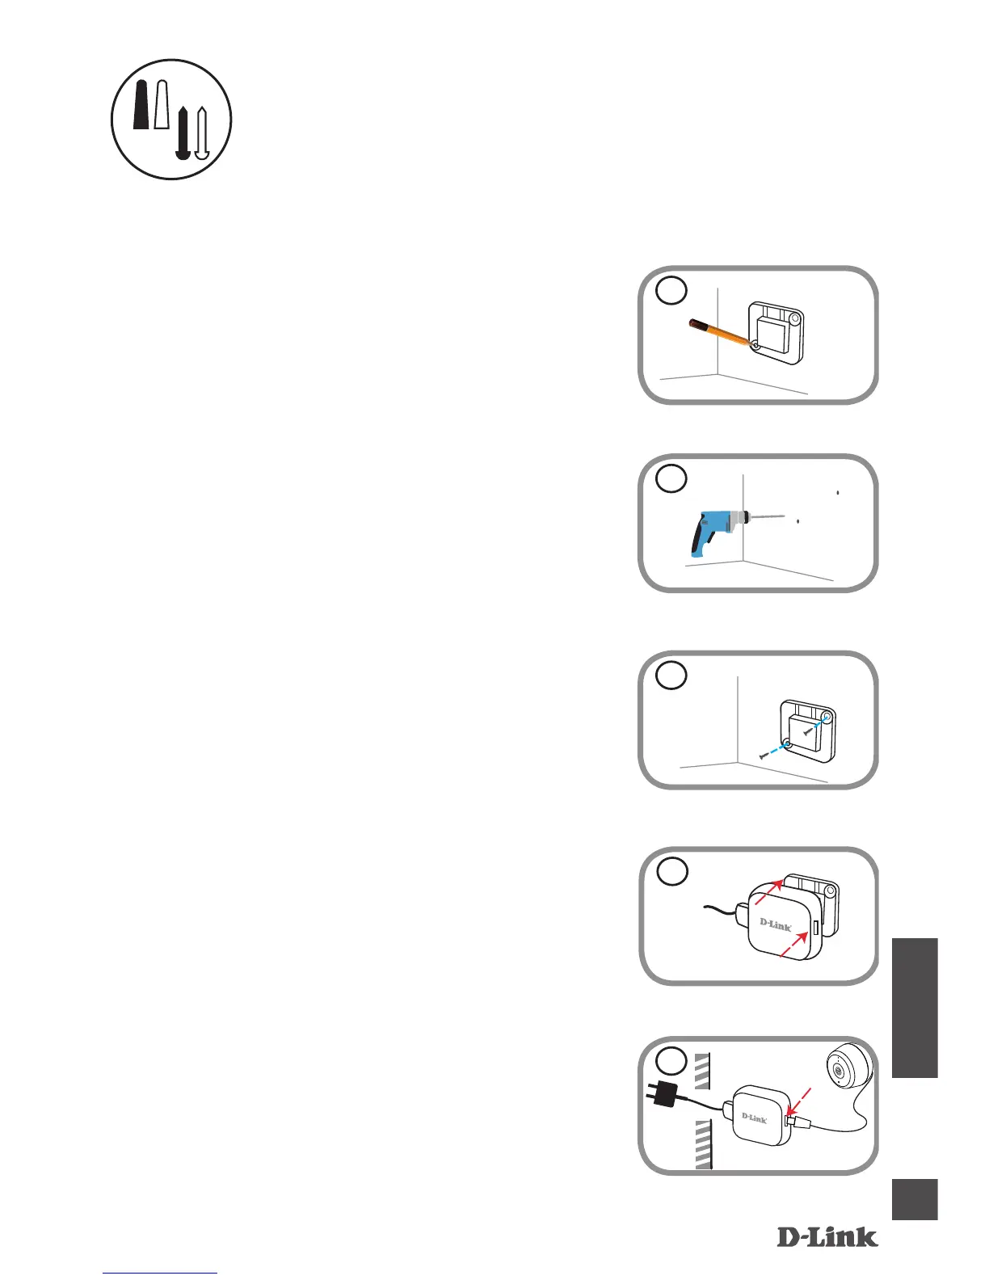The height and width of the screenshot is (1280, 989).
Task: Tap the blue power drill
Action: [x=711, y=530]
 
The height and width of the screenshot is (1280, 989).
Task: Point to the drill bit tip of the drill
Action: [x=784, y=515]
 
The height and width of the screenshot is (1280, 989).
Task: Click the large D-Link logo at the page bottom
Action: [x=827, y=1236]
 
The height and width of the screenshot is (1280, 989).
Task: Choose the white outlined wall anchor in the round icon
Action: [x=162, y=105]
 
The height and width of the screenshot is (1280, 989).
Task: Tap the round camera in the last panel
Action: [x=845, y=1072]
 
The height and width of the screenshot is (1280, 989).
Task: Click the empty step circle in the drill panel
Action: [x=671, y=478]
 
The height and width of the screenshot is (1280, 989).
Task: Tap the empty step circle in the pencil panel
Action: [x=671, y=290]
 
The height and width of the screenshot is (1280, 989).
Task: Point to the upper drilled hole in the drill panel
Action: [x=838, y=491]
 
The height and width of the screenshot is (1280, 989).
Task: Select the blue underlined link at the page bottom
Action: [x=161, y=1273]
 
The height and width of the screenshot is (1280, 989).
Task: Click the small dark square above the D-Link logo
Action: [x=915, y=1199]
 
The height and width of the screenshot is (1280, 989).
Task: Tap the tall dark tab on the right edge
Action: [x=915, y=1007]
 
